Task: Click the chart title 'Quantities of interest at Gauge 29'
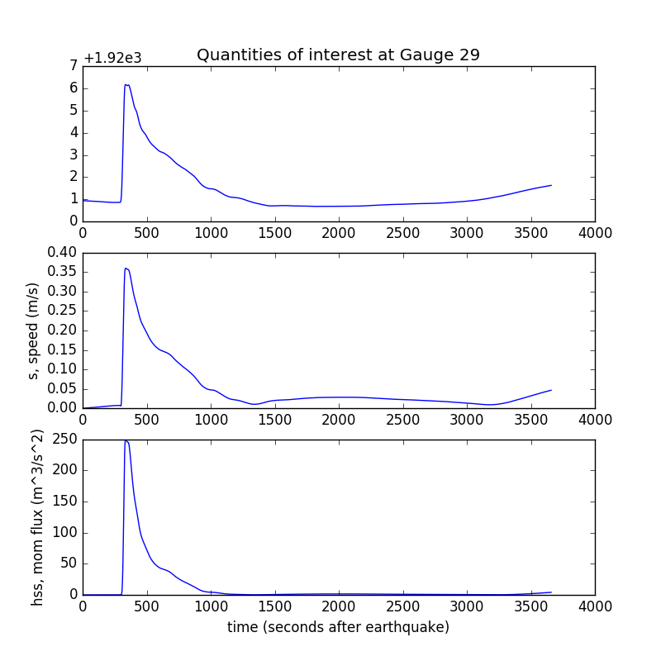pyautogui.click(x=338, y=55)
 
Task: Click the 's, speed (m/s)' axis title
pyautogui.click(x=34, y=330)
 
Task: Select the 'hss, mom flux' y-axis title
pyautogui.click(x=37, y=517)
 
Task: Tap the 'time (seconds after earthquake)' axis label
pyautogui.click(x=338, y=628)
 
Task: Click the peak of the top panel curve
pyautogui.click(x=126, y=84)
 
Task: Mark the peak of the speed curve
pyautogui.click(x=126, y=268)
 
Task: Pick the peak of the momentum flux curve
pyautogui.click(x=126, y=440)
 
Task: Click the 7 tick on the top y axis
pyautogui.click(x=74, y=66)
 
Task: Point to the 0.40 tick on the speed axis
pyautogui.click(x=63, y=253)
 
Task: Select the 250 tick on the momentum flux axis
pyautogui.click(x=66, y=440)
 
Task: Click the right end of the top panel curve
pyautogui.click(x=551, y=185)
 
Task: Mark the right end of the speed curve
pyautogui.click(x=551, y=390)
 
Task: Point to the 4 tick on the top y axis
pyautogui.click(x=74, y=132)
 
